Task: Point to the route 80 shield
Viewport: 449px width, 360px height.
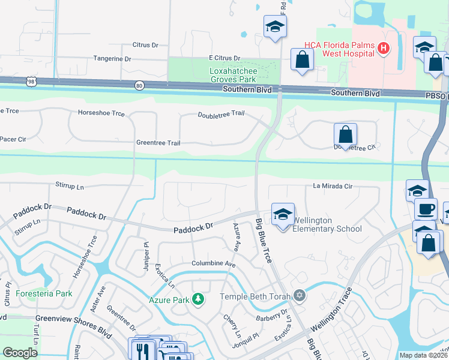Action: (x=139, y=86)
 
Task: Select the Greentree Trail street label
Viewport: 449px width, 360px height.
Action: (x=158, y=143)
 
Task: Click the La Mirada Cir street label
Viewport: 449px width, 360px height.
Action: (x=332, y=186)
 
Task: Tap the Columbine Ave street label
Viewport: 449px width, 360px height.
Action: (x=213, y=263)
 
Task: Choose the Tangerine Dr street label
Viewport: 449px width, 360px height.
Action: (x=112, y=59)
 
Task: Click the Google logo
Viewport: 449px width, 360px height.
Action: (x=20, y=353)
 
